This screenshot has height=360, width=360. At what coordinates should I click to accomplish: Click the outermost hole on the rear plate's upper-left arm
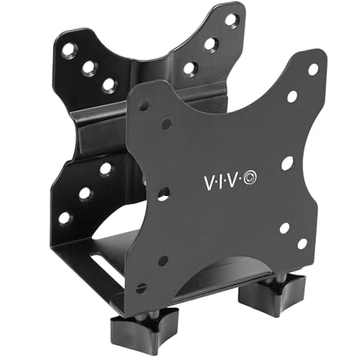tap(68, 50)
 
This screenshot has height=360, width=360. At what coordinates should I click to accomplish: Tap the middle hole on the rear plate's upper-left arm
tap(89, 68)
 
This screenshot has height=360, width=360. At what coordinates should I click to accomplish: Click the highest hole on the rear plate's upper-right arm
tap(230, 19)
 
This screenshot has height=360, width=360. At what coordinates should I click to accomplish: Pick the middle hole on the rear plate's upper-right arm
tap(210, 43)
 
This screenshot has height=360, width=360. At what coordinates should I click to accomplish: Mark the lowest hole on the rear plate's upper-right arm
tap(190, 68)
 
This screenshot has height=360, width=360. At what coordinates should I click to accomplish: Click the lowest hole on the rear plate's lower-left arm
tap(65, 217)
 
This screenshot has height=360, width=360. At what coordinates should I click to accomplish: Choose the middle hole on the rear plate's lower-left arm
tap(85, 193)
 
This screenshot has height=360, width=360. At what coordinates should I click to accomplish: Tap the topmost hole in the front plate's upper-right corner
tap(313, 70)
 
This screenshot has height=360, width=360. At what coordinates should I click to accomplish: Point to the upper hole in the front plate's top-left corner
tap(144, 105)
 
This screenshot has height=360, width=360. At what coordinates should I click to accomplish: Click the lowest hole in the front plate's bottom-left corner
tap(141, 287)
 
